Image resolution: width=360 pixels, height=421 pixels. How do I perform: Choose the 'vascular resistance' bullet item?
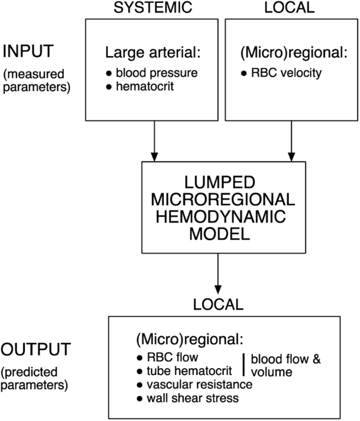click(195, 384)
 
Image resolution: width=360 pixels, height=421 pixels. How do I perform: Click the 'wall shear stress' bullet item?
click(188, 398)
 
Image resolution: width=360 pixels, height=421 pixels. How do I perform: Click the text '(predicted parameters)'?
click(35, 378)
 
